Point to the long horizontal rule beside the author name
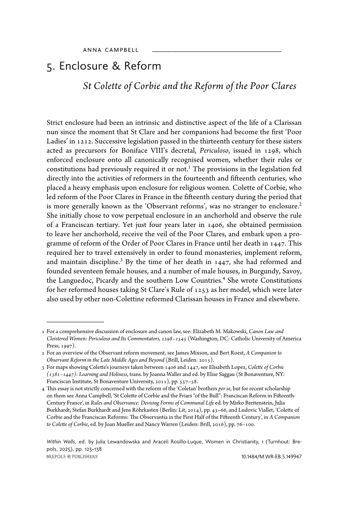216,51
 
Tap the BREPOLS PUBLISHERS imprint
72,457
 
